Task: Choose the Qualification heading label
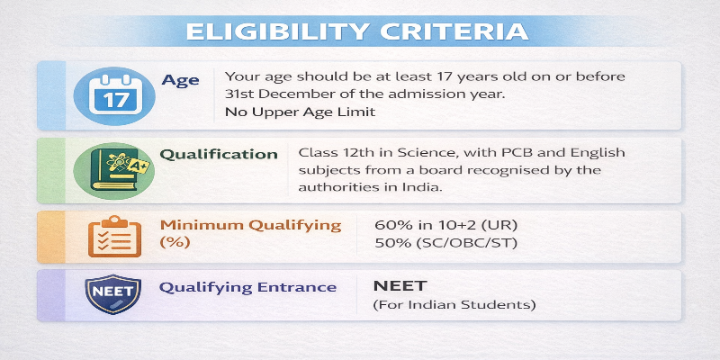click(219, 154)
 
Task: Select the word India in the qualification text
click(420, 187)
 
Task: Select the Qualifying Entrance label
click(248, 287)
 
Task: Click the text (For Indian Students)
click(454, 305)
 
